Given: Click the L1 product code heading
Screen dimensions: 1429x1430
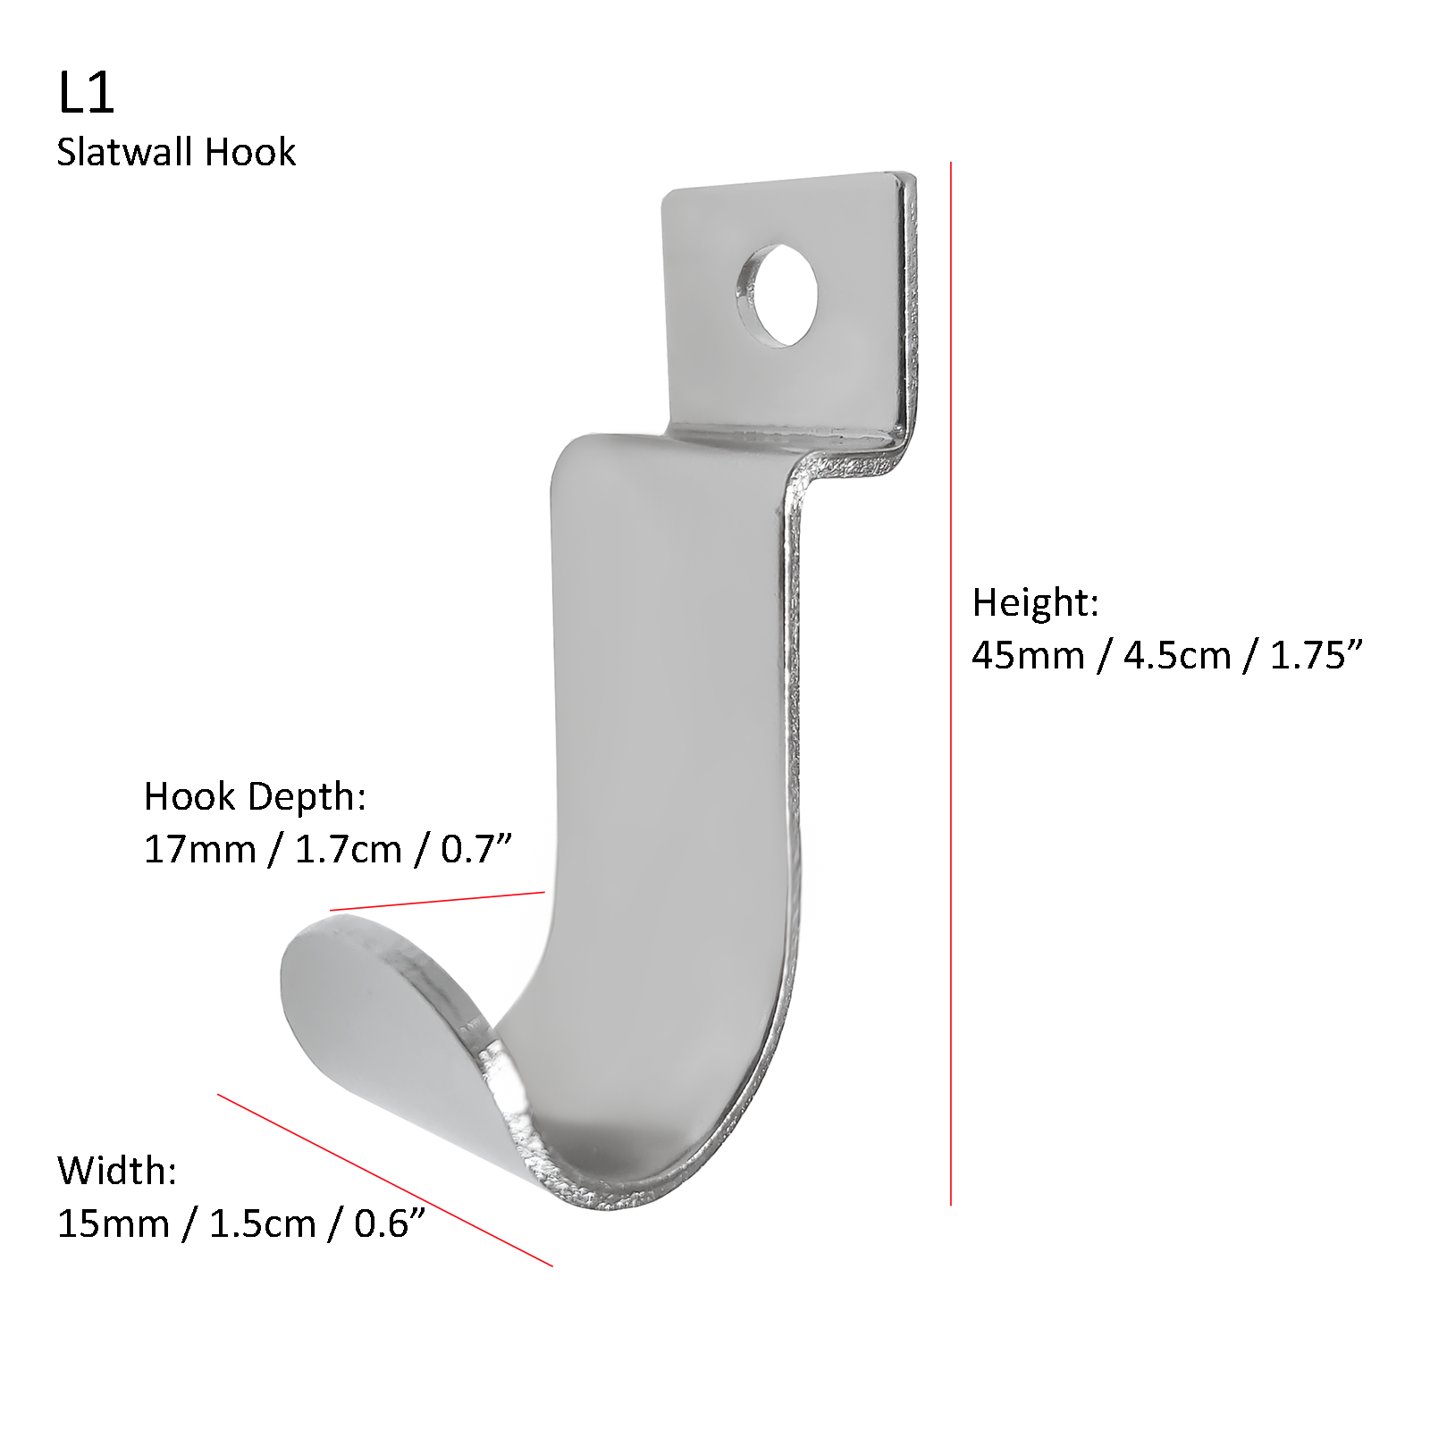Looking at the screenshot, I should [86, 93].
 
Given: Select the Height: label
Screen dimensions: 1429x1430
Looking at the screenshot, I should [1035, 602].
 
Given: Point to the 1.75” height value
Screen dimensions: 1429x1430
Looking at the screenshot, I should [1316, 655].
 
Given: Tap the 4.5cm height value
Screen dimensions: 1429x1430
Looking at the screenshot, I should [1177, 655].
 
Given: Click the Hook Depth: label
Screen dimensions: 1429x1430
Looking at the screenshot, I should [255, 795].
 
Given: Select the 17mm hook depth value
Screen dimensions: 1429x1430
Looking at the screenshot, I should [199, 849].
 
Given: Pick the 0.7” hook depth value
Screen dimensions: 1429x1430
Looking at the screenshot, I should [475, 849].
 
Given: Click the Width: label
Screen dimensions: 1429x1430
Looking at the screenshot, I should [117, 1171].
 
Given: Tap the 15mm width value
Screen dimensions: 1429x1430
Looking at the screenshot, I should [113, 1223].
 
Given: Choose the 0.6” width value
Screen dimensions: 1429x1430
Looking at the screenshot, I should [390, 1223].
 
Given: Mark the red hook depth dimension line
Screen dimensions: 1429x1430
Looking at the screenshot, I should [437, 901].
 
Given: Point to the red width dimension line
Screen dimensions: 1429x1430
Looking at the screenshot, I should [384, 1180].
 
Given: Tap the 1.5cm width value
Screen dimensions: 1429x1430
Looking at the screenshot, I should [262, 1223].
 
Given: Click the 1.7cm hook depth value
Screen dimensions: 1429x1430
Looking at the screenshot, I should [348, 849].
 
